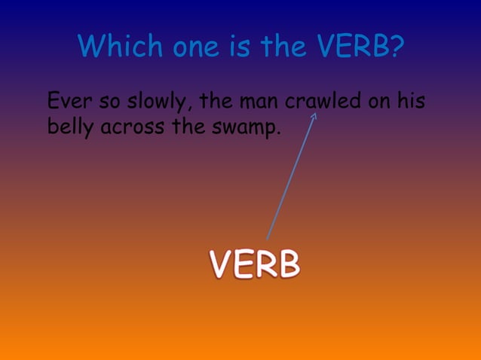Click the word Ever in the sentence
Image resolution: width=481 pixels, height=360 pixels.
click(x=65, y=100)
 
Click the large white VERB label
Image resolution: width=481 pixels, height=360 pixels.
click(x=255, y=264)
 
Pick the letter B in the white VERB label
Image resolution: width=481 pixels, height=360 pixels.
click(x=288, y=264)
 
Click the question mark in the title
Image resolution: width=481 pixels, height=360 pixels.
click(x=395, y=49)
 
